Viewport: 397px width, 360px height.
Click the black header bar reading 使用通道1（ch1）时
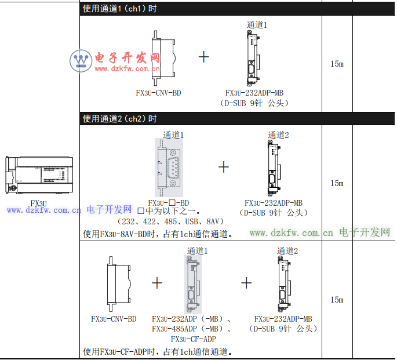(x=200, y=9)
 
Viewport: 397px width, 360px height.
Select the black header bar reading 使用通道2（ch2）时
(x=200, y=119)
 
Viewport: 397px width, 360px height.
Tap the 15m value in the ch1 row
(x=337, y=64)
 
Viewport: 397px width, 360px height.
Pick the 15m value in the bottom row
(x=337, y=300)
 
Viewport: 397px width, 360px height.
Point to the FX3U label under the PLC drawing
(x=39, y=203)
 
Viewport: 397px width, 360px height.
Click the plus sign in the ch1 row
(x=203, y=57)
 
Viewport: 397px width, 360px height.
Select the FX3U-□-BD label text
(x=169, y=203)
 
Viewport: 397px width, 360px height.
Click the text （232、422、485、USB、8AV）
(x=170, y=221)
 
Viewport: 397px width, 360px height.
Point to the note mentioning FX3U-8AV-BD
(x=158, y=234)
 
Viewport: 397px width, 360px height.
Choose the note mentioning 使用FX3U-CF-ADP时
(x=158, y=351)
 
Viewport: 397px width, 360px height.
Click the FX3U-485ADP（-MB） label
(x=192, y=329)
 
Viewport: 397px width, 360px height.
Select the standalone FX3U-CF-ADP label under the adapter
(x=194, y=339)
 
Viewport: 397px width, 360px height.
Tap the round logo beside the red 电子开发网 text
(x=81, y=61)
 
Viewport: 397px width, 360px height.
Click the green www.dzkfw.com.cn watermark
(x=291, y=233)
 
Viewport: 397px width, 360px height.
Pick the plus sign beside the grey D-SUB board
(x=224, y=167)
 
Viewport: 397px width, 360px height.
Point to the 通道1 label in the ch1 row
(x=257, y=25)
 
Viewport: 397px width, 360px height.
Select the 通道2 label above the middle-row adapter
(x=278, y=135)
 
